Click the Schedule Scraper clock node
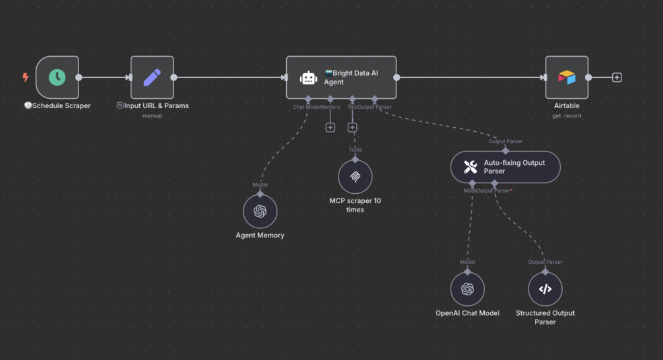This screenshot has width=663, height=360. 57,77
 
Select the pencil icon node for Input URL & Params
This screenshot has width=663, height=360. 152,77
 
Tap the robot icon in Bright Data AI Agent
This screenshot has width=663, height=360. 308,78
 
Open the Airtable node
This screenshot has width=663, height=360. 567,77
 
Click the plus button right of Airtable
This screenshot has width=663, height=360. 617,77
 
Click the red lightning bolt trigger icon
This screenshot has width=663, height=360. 26,77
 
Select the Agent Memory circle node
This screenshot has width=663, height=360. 260,211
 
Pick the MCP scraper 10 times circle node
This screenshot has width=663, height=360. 355,177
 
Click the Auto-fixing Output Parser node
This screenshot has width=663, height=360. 505,167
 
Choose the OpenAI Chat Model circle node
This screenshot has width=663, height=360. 468,289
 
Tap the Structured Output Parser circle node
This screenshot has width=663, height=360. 545,289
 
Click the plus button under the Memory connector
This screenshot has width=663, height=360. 331,127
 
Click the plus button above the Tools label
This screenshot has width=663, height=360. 352,127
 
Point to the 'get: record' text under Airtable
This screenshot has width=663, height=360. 567,116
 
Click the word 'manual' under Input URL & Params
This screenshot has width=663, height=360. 152,116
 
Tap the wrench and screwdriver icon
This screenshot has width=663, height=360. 470,167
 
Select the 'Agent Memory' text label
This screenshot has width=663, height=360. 260,235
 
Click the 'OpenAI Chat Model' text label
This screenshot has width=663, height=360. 468,313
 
